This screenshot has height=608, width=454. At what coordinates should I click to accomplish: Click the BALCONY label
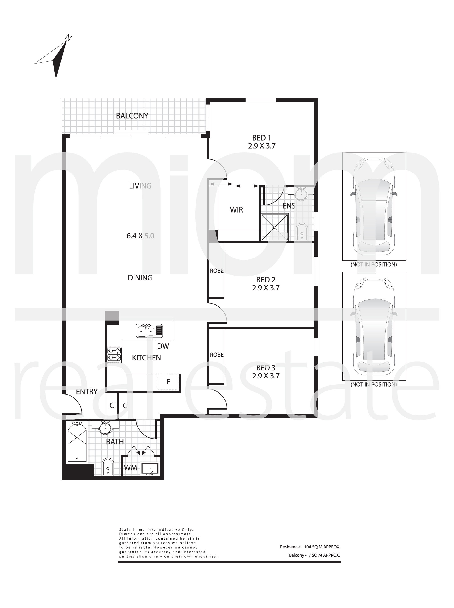click(132, 116)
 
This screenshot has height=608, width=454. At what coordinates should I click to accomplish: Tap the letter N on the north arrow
click(68, 38)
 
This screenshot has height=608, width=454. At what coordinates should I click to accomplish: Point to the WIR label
click(236, 210)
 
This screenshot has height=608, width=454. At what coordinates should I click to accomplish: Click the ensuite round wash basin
click(302, 194)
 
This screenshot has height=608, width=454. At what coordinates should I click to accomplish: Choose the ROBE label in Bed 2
click(217, 271)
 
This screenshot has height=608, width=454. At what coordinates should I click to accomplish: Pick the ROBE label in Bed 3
click(217, 355)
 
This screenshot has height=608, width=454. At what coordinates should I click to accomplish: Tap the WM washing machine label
click(130, 467)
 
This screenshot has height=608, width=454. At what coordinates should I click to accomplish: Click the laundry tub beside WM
click(150, 469)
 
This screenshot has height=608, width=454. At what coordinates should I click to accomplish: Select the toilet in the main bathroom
click(108, 467)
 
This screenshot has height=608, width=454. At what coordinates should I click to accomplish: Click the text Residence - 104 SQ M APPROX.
click(310, 547)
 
